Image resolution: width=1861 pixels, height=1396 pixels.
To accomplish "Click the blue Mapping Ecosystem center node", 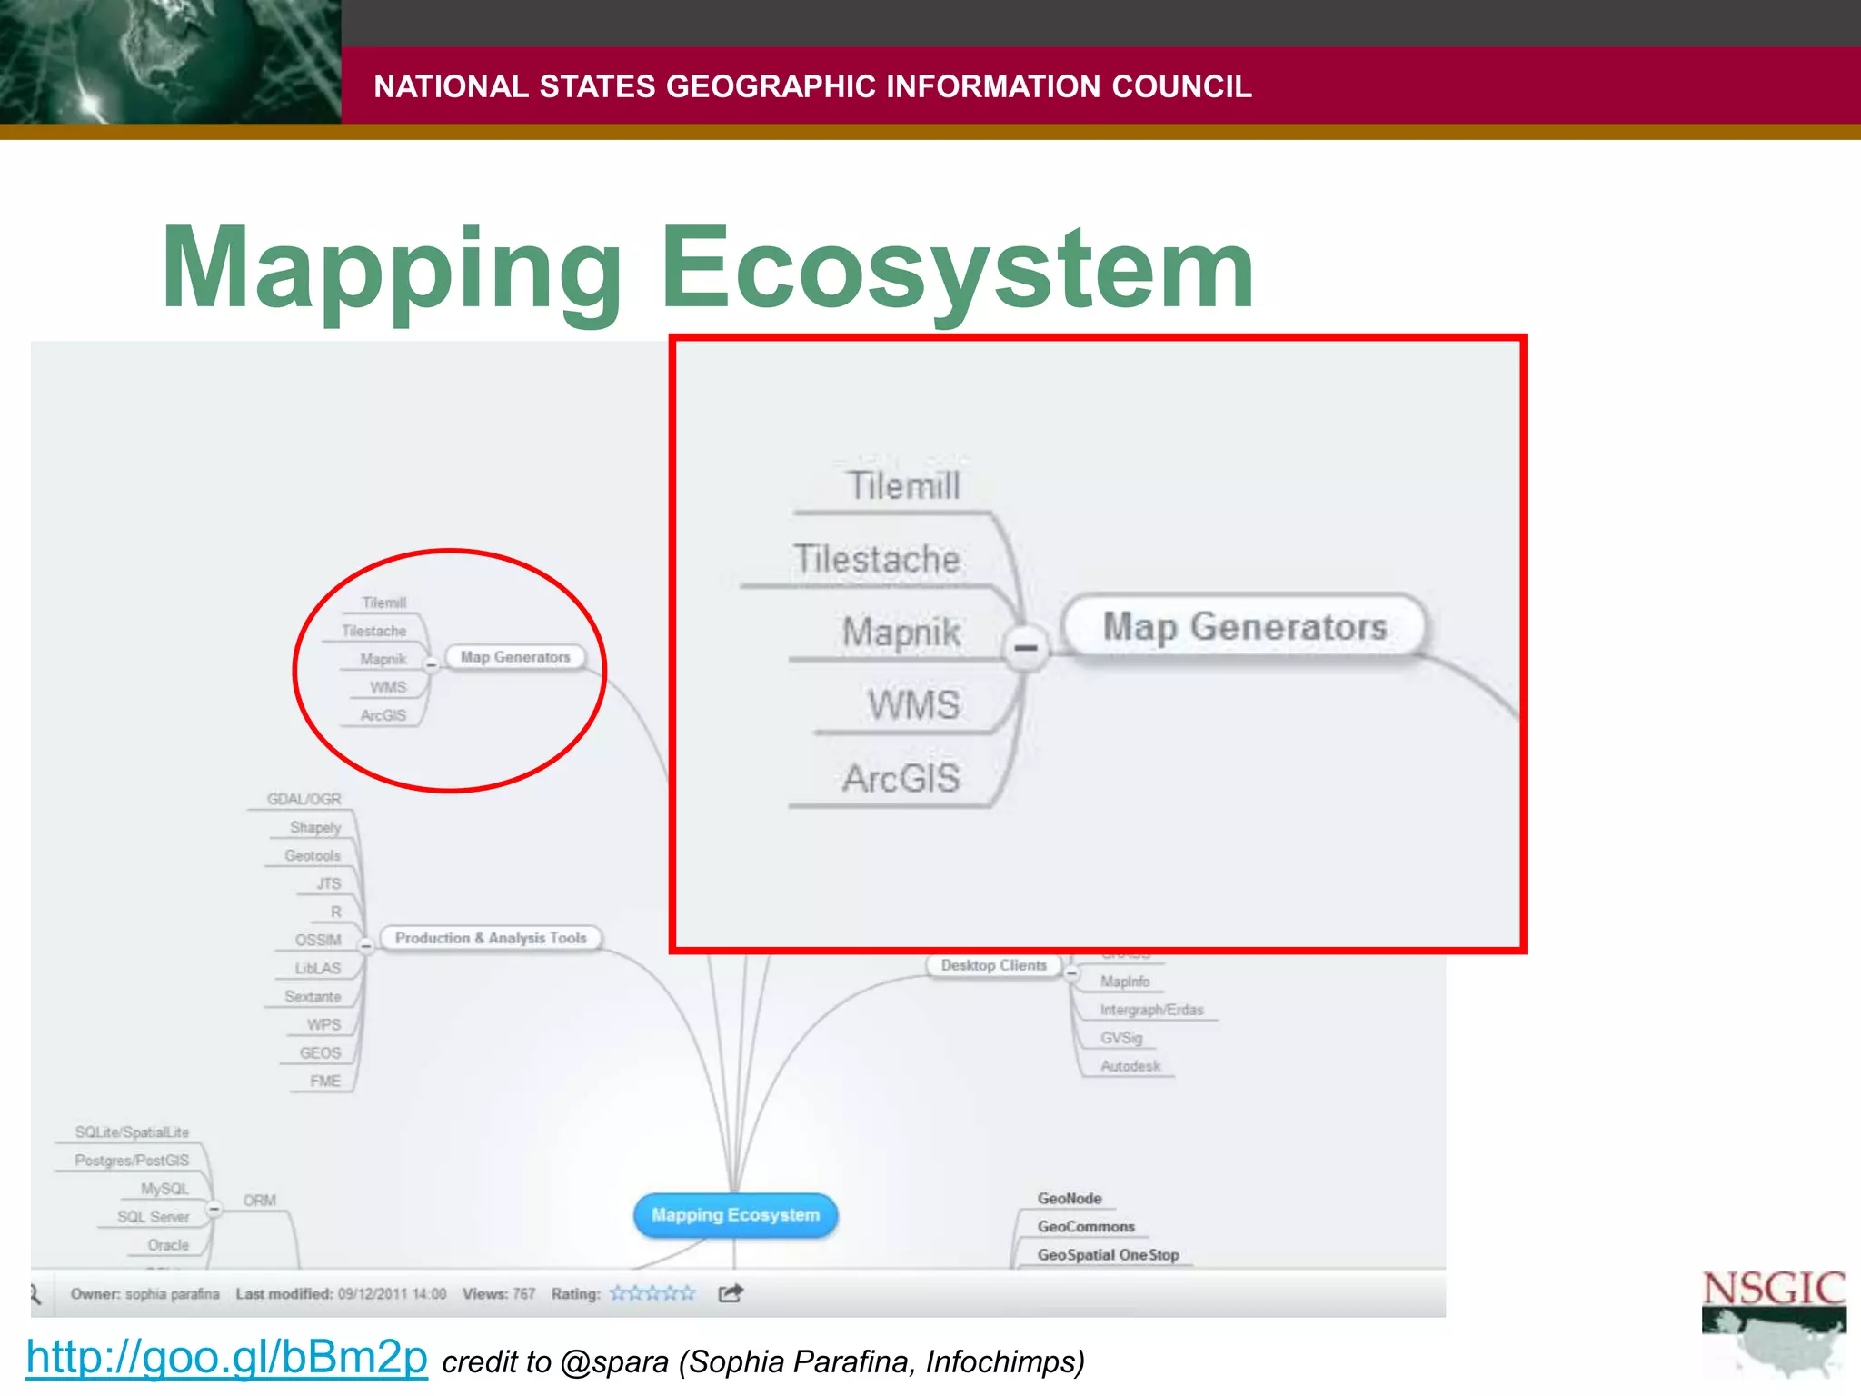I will (735, 1215).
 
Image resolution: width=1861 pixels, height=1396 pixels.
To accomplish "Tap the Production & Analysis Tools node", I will (491, 938).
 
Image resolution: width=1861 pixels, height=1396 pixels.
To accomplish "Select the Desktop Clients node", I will (993, 965).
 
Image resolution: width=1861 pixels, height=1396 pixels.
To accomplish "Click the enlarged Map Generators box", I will (1244, 626).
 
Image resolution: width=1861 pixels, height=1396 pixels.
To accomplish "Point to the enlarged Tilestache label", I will (876, 559).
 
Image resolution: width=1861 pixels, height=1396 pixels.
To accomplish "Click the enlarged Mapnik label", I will (901, 632).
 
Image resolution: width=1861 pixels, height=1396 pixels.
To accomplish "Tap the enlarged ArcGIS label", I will (901, 779).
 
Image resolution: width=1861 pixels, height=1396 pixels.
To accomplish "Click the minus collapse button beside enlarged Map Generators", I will (1026, 648).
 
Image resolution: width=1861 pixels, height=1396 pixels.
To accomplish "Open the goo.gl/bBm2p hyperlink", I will (226, 1357).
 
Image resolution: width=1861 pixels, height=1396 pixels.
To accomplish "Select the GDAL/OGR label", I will (304, 799).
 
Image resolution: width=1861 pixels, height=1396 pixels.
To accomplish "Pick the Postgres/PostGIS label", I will (132, 1161).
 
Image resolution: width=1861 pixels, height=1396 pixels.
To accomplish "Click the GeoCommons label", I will (1086, 1227).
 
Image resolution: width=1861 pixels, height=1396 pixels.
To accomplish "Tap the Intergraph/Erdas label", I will (1151, 1010).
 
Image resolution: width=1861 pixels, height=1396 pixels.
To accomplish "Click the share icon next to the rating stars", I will (731, 1293).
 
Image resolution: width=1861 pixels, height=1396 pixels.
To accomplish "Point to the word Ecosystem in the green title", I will (957, 269).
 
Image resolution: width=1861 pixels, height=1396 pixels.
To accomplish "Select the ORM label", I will (259, 1201).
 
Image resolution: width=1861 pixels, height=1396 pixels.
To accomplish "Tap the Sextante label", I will (313, 997).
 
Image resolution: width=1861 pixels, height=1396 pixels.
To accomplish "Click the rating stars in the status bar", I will (652, 1293).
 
